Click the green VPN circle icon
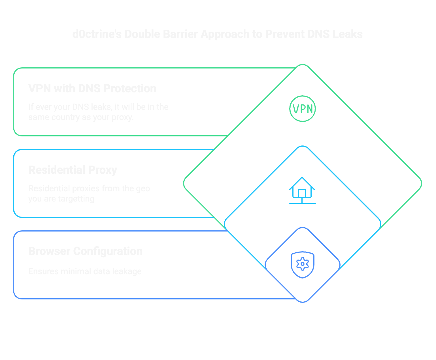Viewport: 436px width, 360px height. pos(302,109)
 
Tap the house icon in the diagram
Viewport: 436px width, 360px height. pos(302,190)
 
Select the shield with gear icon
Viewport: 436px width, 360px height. pos(302,265)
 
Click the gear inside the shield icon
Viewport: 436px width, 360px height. pos(302,264)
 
